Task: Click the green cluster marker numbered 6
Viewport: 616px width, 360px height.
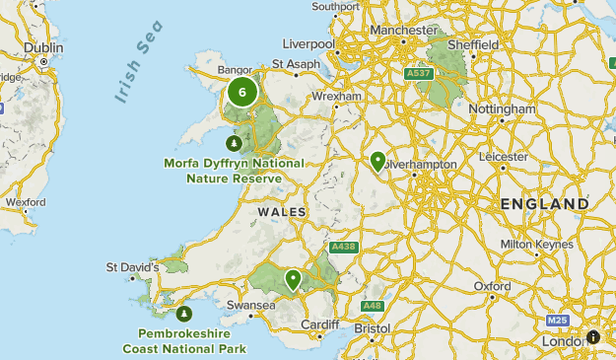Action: click(x=241, y=93)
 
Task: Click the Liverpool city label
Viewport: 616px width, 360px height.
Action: click(x=308, y=44)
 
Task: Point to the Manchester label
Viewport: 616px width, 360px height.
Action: click(x=403, y=31)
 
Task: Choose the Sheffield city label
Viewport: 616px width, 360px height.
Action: click(x=471, y=45)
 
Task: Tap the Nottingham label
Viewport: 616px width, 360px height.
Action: click(x=502, y=108)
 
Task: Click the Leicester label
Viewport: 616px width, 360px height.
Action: click(x=503, y=156)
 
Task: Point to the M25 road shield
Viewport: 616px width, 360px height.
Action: click(x=557, y=322)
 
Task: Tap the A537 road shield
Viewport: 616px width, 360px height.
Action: click(x=418, y=73)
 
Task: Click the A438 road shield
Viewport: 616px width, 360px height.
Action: click(x=343, y=246)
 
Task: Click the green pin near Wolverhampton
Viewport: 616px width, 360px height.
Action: click(x=377, y=162)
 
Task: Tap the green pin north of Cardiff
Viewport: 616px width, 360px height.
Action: click(x=293, y=280)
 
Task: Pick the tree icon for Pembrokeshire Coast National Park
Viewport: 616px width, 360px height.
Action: click(x=184, y=315)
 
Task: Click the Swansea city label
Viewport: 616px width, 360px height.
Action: click(x=250, y=306)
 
